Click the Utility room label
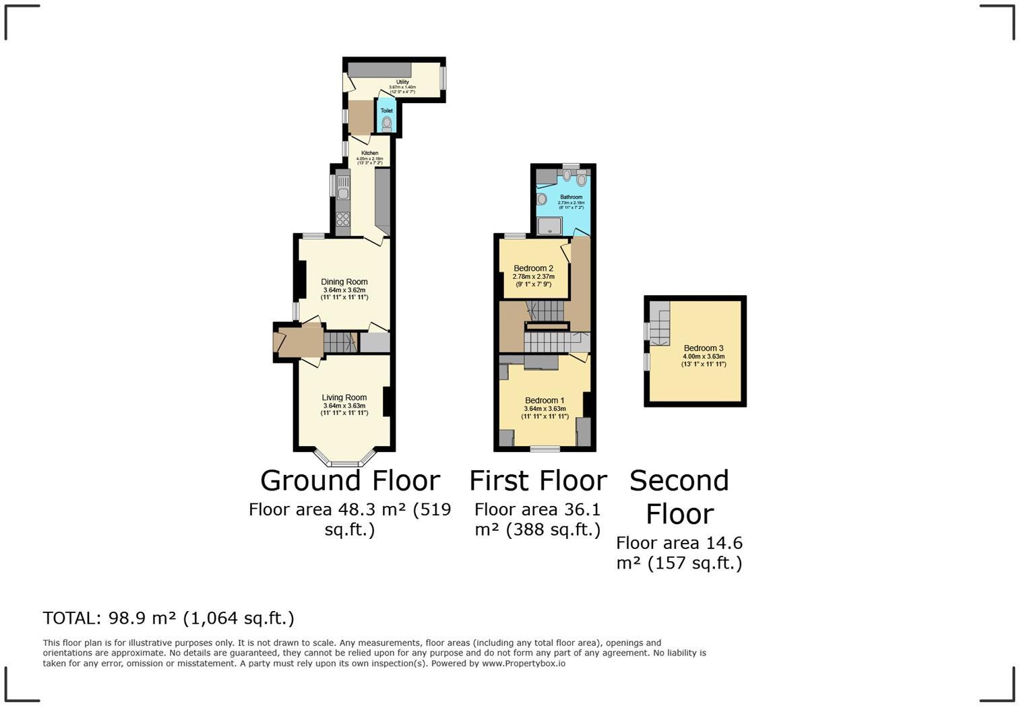(x=402, y=82)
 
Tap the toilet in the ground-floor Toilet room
(x=387, y=124)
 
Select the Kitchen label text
(x=369, y=153)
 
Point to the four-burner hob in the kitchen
(x=343, y=219)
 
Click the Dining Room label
(x=344, y=282)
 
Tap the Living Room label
(x=344, y=397)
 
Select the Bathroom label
(x=571, y=197)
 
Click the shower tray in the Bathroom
(x=550, y=225)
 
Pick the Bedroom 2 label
(x=533, y=268)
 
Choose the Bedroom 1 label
(x=545, y=400)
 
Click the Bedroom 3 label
(x=704, y=348)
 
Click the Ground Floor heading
(x=350, y=481)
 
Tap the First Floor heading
(x=538, y=481)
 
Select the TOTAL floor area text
(x=168, y=618)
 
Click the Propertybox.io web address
(x=524, y=664)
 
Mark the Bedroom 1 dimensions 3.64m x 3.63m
(x=545, y=409)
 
